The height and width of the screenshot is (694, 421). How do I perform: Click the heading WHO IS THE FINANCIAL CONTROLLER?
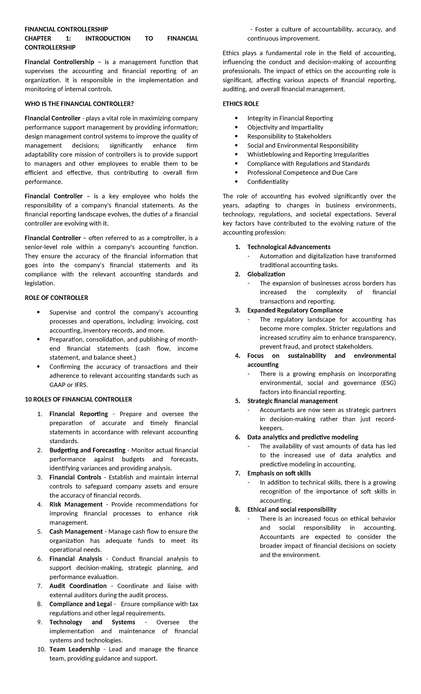79,104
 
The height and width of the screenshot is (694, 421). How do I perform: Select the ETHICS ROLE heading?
241,104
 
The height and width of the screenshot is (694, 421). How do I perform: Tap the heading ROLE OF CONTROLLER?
56,298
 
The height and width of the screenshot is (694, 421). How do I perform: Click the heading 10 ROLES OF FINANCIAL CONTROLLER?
78,399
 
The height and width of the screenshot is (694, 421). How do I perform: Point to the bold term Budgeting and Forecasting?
87,450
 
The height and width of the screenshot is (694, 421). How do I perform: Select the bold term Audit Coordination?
78,586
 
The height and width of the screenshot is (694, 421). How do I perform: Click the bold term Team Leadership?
74,649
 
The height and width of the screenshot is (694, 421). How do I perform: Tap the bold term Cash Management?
76,532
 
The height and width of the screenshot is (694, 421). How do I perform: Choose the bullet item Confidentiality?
268,182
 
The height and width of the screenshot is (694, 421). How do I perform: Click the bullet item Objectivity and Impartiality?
285,127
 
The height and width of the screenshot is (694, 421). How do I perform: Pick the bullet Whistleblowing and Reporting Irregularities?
308,155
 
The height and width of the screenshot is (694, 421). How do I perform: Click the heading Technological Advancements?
289,247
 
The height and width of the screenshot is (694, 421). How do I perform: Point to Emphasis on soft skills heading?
279,473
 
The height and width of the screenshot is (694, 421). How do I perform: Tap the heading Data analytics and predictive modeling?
303,437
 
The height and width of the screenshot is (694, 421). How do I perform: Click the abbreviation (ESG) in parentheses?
388,383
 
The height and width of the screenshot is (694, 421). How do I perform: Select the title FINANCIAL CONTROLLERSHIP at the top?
66,29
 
